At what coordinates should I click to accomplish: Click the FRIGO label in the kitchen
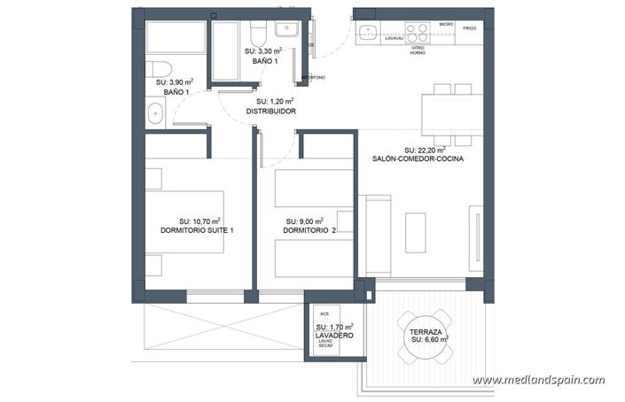[x=470, y=28]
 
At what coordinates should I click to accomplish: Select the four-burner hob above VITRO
[x=418, y=34]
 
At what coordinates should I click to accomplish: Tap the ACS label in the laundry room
[x=324, y=313]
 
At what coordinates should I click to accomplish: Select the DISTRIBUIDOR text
[x=270, y=112]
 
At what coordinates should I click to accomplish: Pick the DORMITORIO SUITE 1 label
[x=197, y=230]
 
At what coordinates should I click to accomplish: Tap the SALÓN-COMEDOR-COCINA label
[x=418, y=159]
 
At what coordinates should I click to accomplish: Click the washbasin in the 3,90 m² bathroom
[x=156, y=112]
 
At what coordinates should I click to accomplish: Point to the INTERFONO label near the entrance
[x=314, y=76]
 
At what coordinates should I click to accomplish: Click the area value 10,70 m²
[x=199, y=220]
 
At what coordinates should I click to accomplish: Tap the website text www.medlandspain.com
[x=538, y=380]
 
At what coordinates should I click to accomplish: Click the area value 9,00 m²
[x=304, y=220]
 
